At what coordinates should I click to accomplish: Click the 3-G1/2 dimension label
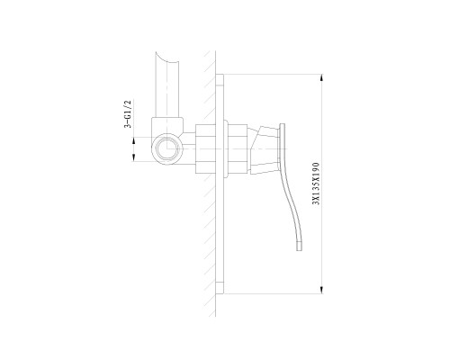(128, 114)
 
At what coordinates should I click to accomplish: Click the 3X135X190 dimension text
(316, 184)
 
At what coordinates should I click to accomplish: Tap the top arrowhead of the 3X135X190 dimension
(322, 77)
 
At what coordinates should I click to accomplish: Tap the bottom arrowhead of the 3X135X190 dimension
(322, 290)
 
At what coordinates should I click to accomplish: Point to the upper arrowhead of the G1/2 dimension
(134, 140)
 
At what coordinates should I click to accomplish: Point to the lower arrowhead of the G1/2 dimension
(134, 157)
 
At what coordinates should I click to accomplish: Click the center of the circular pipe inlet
(166, 148)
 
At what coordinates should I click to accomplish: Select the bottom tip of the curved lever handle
(299, 249)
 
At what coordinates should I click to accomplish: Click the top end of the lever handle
(282, 124)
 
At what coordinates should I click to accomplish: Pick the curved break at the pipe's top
(167, 59)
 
